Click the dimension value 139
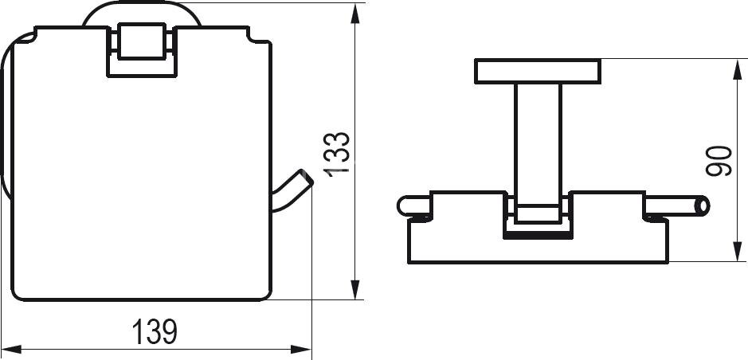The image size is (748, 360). pyautogui.click(x=155, y=331)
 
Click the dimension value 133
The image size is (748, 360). pyautogui.click(x=337, y=155)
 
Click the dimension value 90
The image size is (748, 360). pyautogui.click(x=719, y=161)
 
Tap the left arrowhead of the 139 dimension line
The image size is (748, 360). pyautogui.click(x=11, y=349)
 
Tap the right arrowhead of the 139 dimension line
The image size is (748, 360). pyautogui.click(x=301, y=349)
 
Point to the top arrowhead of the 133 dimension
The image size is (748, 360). pyautogui.click(x=355, y=14)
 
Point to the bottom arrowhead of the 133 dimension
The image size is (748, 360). pyautogui.click(x=355, y=289)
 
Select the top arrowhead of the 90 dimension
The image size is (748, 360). pyautogui.click(x=737, y=69)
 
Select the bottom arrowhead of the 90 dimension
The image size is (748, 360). pyautogui.click(x=737, y=252)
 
